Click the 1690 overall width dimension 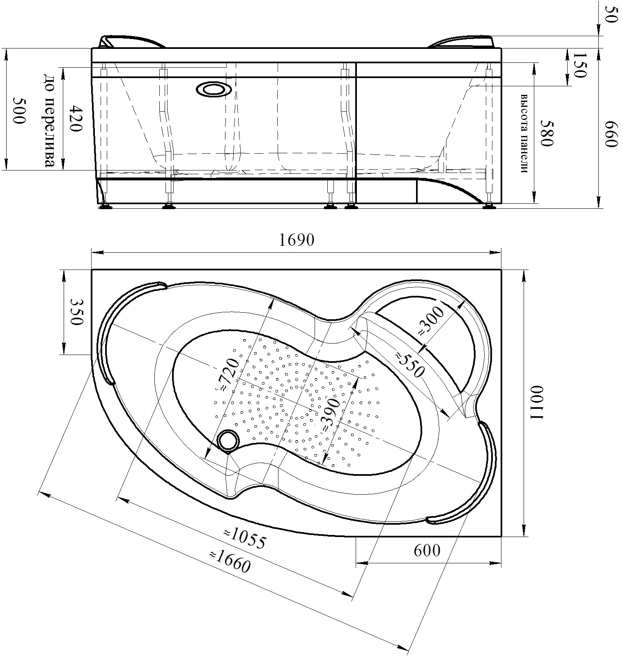[297, 240]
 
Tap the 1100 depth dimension [537, 403]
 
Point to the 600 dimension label [427, 550]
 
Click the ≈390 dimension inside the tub [330, 414]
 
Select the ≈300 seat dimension [431, 321]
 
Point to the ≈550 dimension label [409, 364]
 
